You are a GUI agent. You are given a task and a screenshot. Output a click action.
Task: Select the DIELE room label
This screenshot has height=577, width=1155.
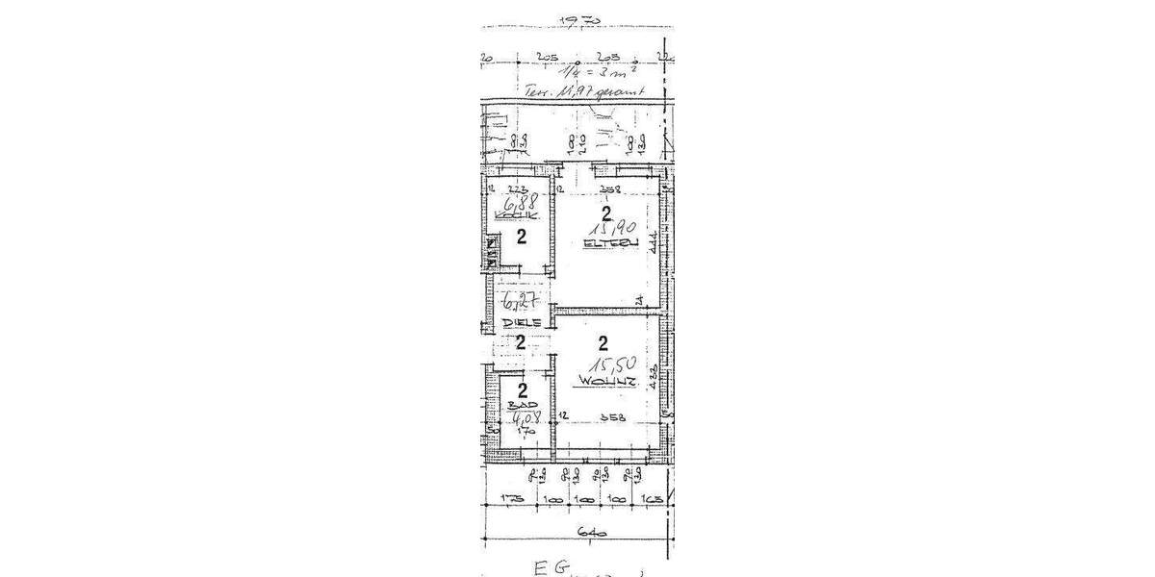tap(519, 322)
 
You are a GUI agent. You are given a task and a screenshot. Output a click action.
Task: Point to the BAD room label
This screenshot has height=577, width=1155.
tap(517, 407)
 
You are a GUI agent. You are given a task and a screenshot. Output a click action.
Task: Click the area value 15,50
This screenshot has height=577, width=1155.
tap(606, 365)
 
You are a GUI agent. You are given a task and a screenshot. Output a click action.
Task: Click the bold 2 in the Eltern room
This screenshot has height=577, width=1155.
tap(605, 213)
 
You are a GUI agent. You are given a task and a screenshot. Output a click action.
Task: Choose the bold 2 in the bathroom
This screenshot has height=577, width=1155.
tap(522, 390)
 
